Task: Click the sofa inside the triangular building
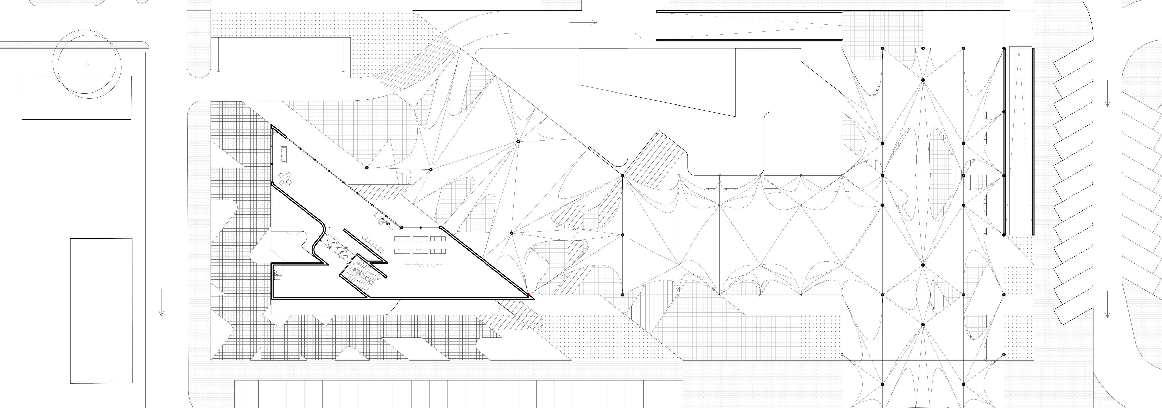click(284, 154)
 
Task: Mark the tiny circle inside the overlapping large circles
click(87, 64)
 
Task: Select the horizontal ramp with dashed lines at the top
click(749, 26)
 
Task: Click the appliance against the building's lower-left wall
click(278, 272)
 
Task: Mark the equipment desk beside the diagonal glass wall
click(385, 221)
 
